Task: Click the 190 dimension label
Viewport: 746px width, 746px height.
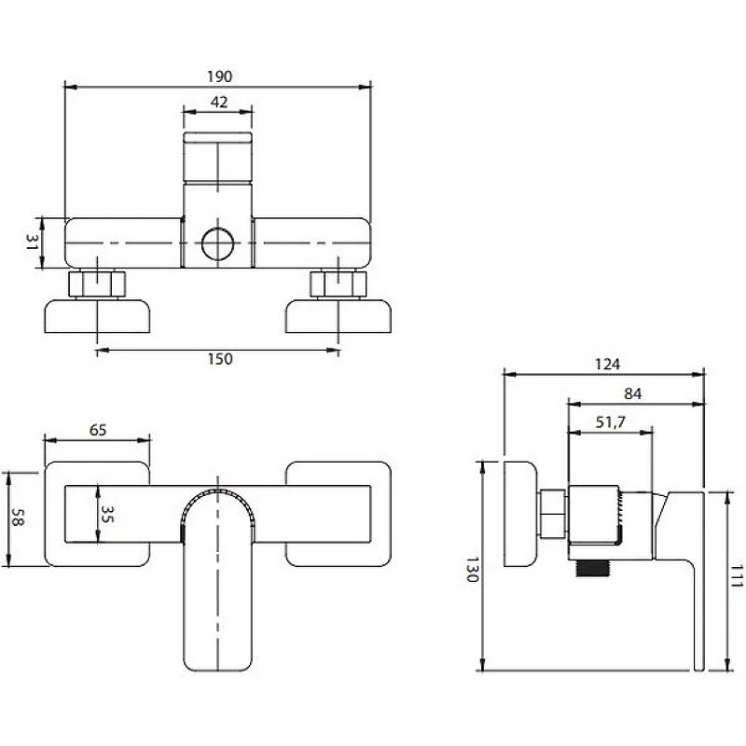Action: tap(220, 76)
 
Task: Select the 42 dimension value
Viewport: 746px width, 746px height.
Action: tap(219, 103)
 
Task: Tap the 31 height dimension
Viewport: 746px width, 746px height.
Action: tap(32, 242)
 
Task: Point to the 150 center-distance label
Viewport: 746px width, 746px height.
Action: tap(220, 359)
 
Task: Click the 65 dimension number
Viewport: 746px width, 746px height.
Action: tap(98, 430)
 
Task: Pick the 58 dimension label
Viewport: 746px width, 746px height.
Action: tap(17, 518)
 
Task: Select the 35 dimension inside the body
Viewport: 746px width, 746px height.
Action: tap(107, 515)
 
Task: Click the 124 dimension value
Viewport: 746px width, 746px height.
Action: tap(608, 365)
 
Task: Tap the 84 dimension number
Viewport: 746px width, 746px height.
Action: tap(633, 394)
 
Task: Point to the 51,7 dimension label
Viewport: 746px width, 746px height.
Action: tap(611, 422)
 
